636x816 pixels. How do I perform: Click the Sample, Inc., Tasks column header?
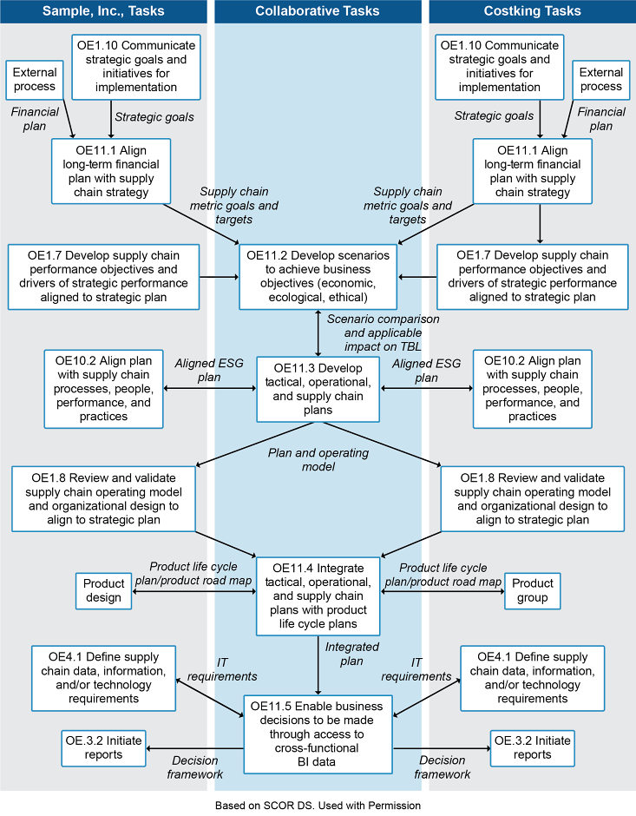point(103,10)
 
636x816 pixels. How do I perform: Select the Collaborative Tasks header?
point(318,10)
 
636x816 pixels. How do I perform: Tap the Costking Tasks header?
point(532,10)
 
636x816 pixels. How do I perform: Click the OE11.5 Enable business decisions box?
point(317,734)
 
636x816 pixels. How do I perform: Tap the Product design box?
point(104,591)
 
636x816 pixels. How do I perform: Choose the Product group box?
point(532,591)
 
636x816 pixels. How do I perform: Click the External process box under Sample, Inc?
point(34,80)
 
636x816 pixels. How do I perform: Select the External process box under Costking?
point(600,80)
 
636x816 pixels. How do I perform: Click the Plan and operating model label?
point(317,460)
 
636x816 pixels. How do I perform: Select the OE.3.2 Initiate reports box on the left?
point(104,747)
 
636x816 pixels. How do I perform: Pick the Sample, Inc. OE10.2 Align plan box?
point(104,388)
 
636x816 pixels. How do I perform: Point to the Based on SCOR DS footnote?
point(318,805)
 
